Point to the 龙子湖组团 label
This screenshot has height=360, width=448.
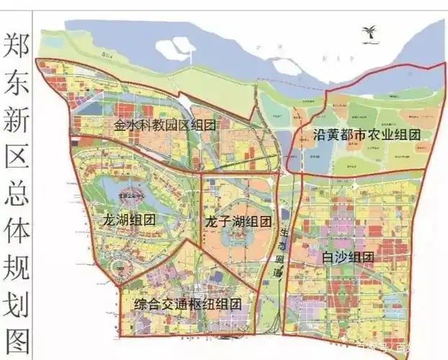[x=238, y=221]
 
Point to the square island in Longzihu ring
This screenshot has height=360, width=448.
[x=235, y=235]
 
